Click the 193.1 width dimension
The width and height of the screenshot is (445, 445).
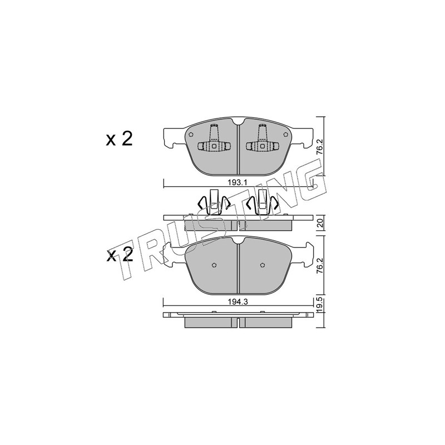tap(238, 183)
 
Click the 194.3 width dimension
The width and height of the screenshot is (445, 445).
tap(238, 302)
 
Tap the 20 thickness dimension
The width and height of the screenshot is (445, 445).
tap(320, 223)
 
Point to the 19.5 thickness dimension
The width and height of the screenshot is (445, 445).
tap(320, 304)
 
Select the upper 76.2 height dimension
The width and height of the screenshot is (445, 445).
tap(320, 148)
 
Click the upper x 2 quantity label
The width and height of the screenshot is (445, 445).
tap(119, 139)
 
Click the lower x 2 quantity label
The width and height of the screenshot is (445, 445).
tap(119, 254)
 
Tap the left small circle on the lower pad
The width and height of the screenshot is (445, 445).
tap(214, 265)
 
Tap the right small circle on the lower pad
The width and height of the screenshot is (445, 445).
tap(263, 265)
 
